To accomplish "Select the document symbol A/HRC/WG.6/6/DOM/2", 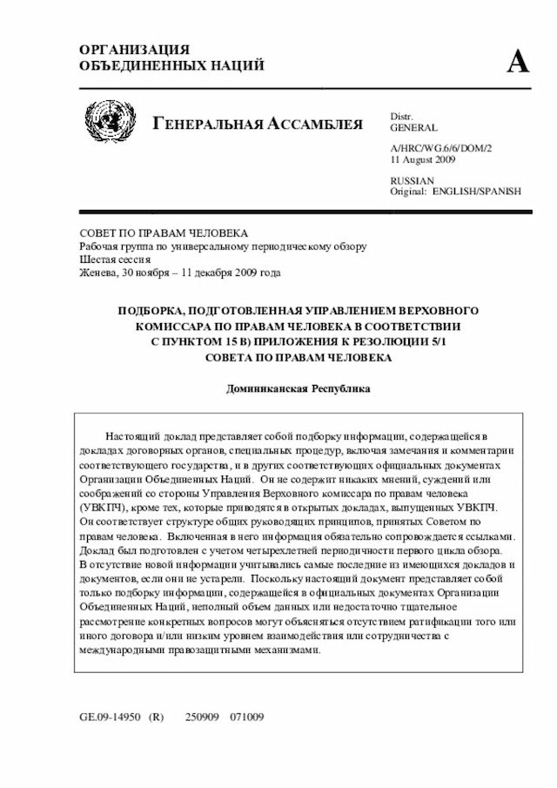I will (x=441, y=149).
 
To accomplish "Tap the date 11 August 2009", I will (x=423, y=160).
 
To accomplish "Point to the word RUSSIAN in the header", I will (x=413, y=180).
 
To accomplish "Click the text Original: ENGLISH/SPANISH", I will (x=455, y=191).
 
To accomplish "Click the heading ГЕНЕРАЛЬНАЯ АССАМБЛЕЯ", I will (x=258, y=124).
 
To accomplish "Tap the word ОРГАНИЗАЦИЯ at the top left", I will (x=134, y=50).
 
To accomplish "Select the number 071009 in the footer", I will (x=246, y=717).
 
